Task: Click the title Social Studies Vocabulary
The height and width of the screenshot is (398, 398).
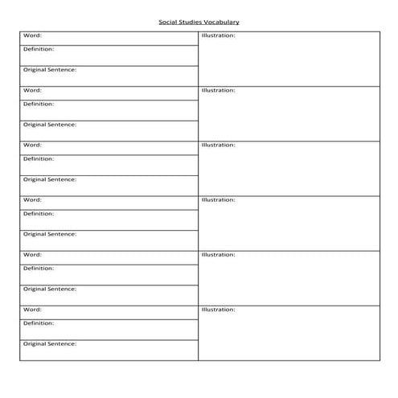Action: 199,23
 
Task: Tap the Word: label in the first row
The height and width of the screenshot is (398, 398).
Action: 32,35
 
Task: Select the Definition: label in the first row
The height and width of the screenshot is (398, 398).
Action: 39,49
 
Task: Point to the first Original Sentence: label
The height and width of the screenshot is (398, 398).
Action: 50,70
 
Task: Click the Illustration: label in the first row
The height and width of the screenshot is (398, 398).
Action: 218,36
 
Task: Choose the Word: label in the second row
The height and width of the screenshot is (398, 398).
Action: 32,90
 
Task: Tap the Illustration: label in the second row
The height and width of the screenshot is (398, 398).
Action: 218,91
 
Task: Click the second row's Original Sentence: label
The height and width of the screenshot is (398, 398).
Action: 50,125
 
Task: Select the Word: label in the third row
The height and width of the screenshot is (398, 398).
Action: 32,145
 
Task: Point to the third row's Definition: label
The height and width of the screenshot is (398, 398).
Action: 39,158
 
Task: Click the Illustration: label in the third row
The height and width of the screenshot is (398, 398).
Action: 218,146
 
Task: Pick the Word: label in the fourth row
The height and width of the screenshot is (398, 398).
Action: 32,199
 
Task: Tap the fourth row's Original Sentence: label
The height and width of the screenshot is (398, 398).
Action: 50,234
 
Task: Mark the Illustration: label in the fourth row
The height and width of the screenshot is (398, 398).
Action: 218,200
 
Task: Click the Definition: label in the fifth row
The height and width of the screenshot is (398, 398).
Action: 39,268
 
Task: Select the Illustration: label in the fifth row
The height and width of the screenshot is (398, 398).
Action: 218,255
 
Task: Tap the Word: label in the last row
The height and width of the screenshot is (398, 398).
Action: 32,309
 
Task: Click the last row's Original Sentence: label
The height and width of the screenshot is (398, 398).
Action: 50,343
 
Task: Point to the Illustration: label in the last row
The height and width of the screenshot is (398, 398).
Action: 218,310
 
